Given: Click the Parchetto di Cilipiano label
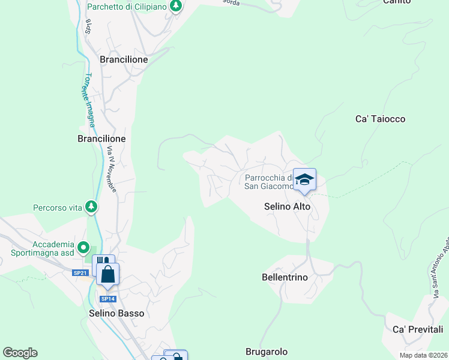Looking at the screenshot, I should point(127,7).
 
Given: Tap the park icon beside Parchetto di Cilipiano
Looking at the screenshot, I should point(175,7).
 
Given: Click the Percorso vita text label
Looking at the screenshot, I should point(57,208).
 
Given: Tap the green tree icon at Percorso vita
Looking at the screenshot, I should point(91,207).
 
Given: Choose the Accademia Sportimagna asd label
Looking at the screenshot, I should point(42,248).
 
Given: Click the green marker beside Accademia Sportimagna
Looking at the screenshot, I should point(85,248).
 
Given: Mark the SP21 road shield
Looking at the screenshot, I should point(80,273).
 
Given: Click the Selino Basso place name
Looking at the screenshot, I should point(116,313).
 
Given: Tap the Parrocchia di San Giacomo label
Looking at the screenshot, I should point(269,181).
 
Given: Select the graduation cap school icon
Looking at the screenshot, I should point(304,179).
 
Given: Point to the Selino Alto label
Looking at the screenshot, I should point(288,206).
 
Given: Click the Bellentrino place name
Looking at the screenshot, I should point(285,277).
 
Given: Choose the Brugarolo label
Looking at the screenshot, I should point(267,352).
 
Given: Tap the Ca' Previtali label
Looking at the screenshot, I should point(417,329).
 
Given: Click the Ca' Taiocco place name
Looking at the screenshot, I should point(380,119).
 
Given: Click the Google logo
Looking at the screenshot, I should point(20,353).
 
